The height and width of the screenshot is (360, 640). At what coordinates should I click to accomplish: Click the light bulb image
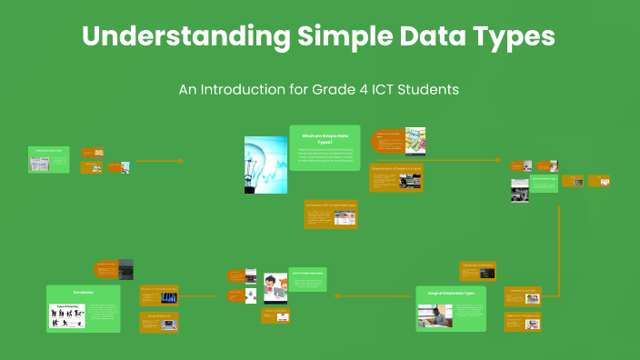pyautogui.click(x=265, y=165)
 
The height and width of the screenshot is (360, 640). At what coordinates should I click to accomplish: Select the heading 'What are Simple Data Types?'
pyautogui.click(x=324, y=138)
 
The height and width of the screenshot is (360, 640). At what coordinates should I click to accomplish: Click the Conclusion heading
pyautogui.click(x=83, y=293)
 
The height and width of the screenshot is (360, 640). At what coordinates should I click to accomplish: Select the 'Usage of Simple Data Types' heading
pyautogui.click(x=451, y=293)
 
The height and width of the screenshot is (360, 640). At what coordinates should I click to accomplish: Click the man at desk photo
pyautogui.click(x=435, y=315)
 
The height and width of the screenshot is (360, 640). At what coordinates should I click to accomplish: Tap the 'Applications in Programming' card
pyautogui.click(x=522, y=320)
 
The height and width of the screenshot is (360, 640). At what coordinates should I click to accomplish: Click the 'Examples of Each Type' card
pyautogui.click(x=522, y=295)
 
